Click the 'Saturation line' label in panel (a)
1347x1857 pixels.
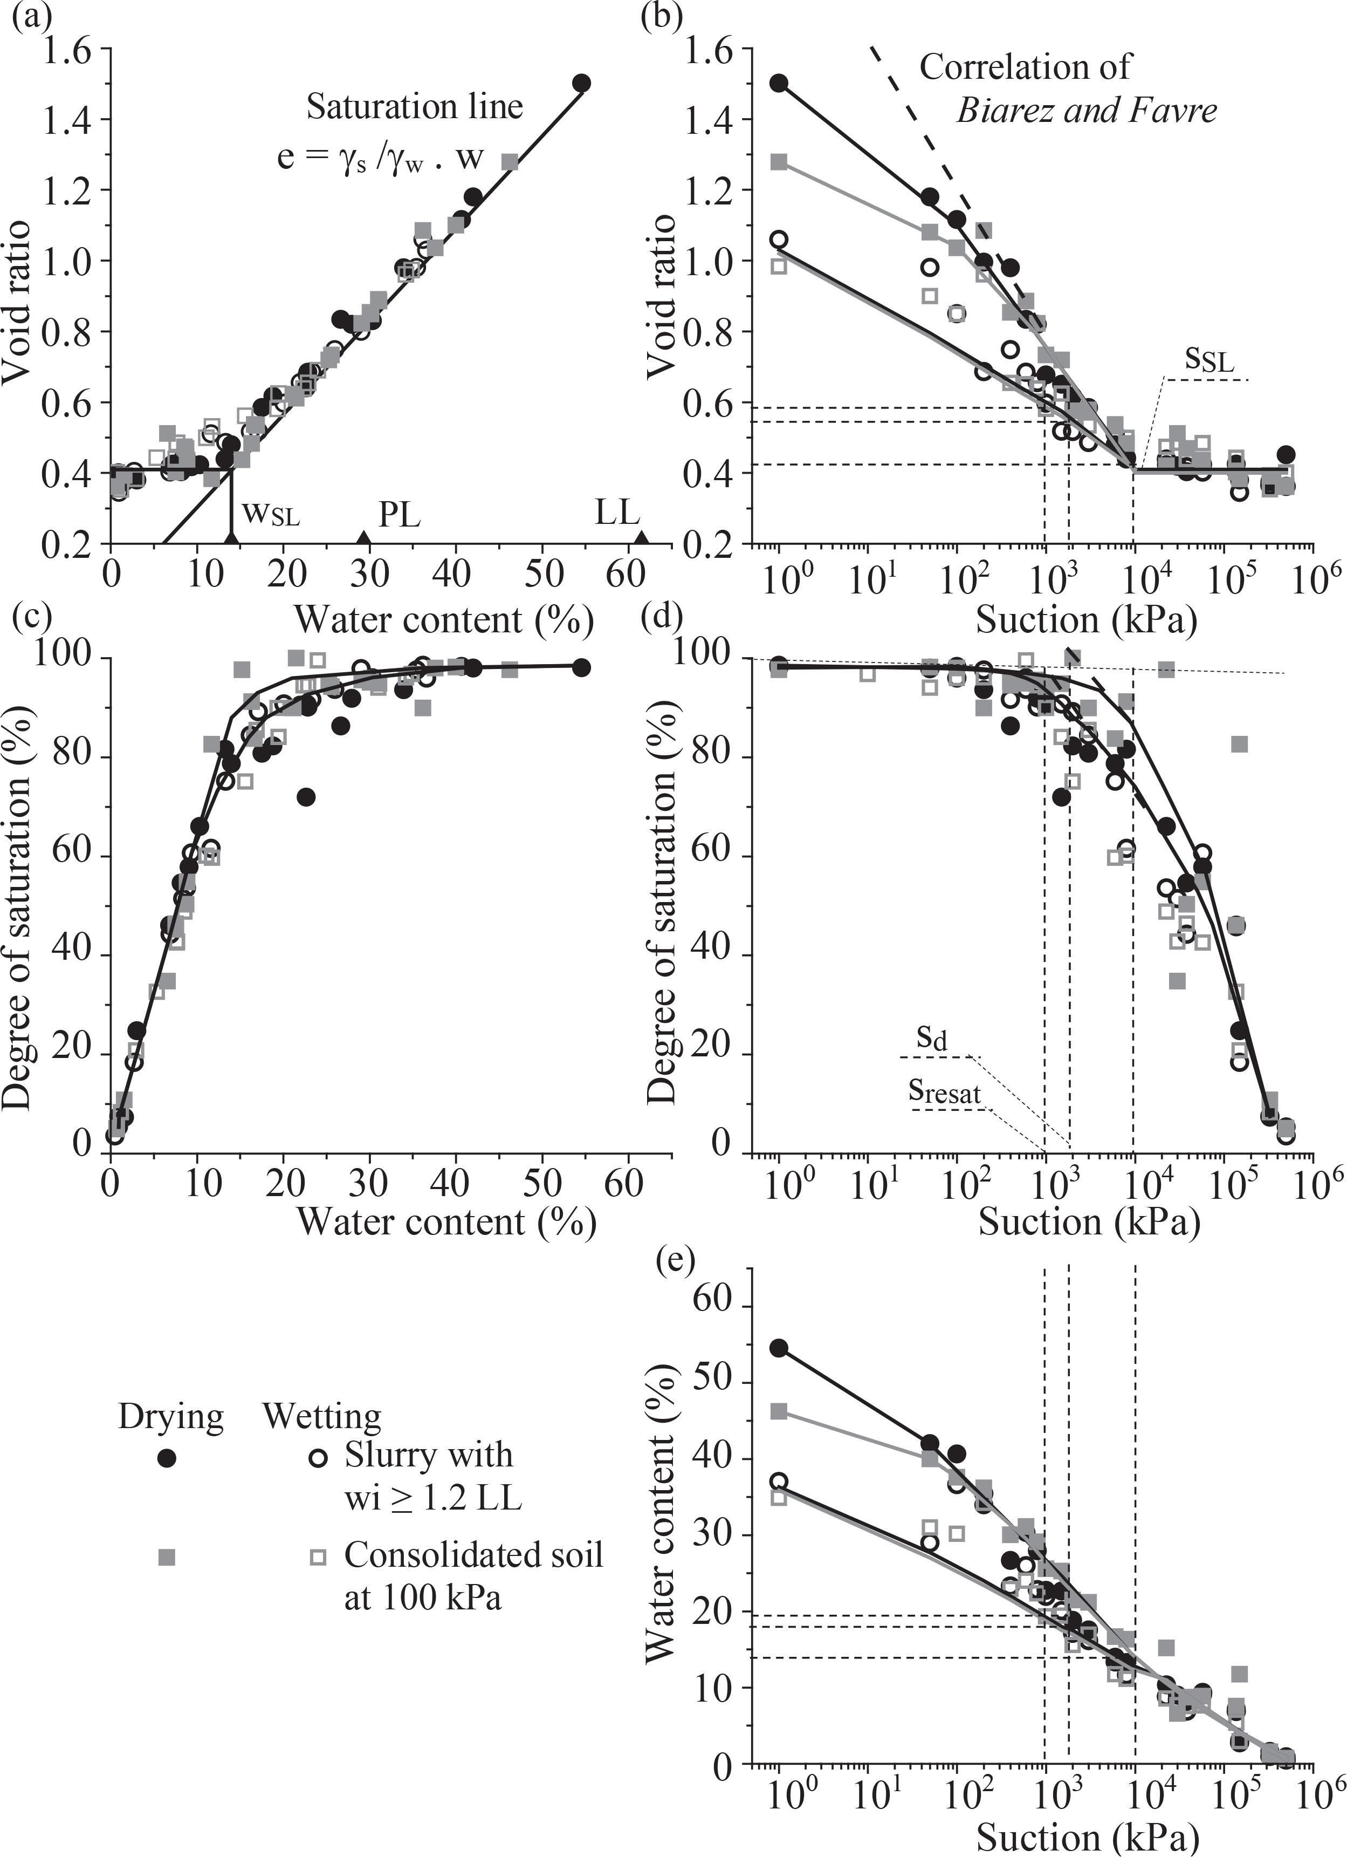click(414, 107)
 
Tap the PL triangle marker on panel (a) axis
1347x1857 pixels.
click(364, 537)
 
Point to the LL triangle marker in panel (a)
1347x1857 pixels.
click(642, 537)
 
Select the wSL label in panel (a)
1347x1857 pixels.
click(270, 515)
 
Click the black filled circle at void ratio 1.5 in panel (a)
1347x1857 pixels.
click(582, 83)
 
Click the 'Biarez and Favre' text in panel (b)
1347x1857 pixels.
click(1087, 111)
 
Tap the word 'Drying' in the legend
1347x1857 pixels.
click(170, 1416)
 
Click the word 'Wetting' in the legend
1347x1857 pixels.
click(321, 1416)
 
